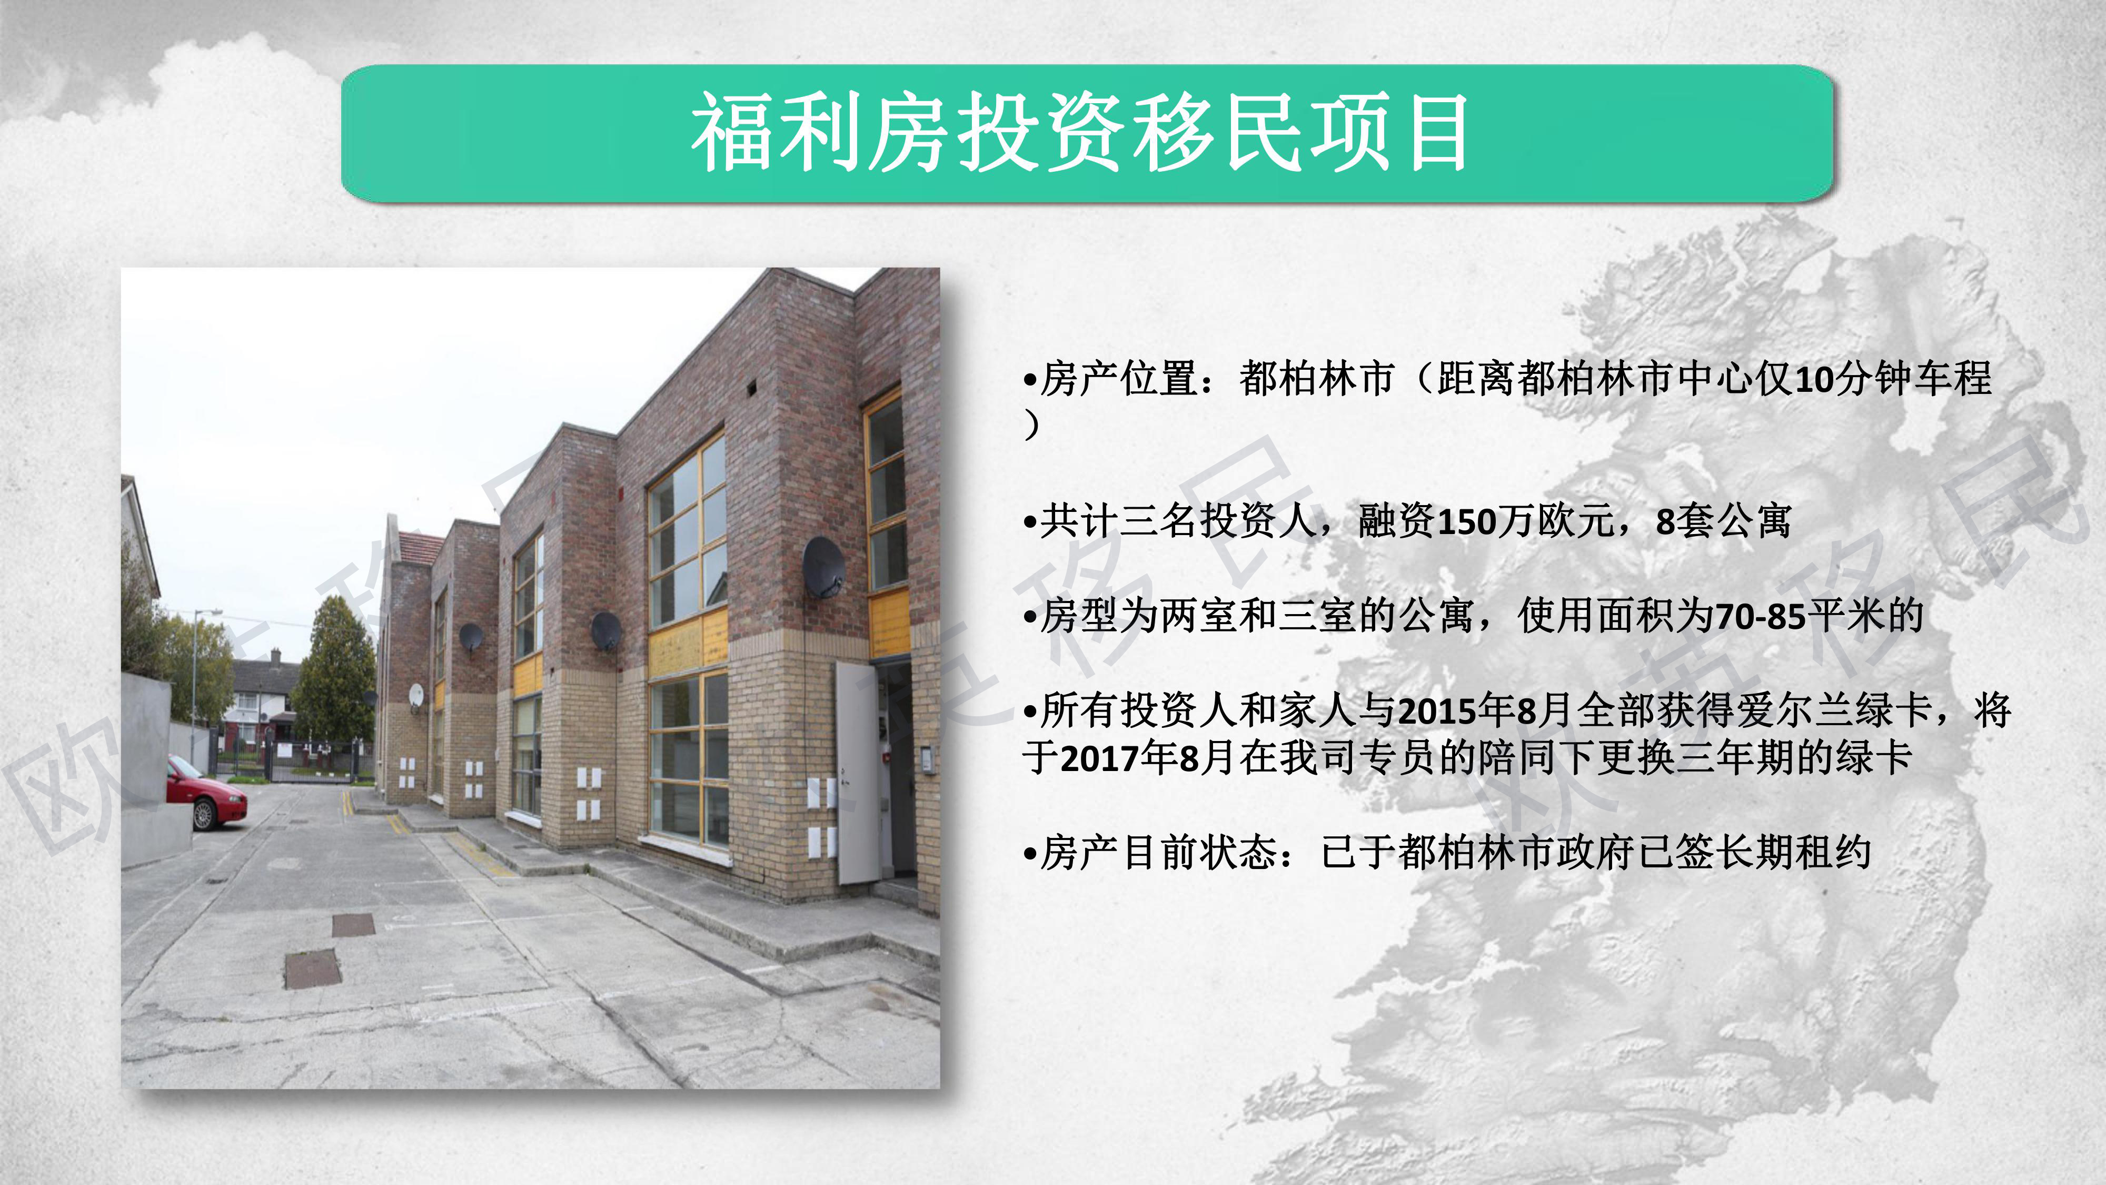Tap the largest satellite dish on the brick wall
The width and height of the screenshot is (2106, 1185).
pos(823,567)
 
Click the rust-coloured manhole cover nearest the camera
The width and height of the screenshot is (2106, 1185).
pos(312,969)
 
